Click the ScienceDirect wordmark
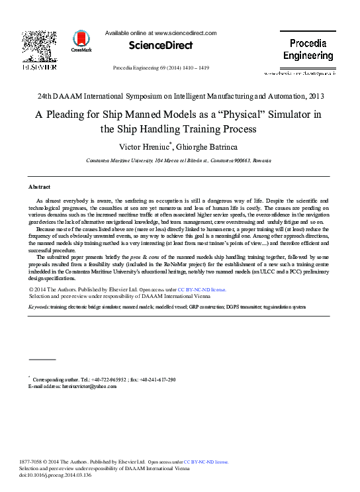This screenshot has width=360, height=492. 161,46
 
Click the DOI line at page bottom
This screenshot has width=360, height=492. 46,474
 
